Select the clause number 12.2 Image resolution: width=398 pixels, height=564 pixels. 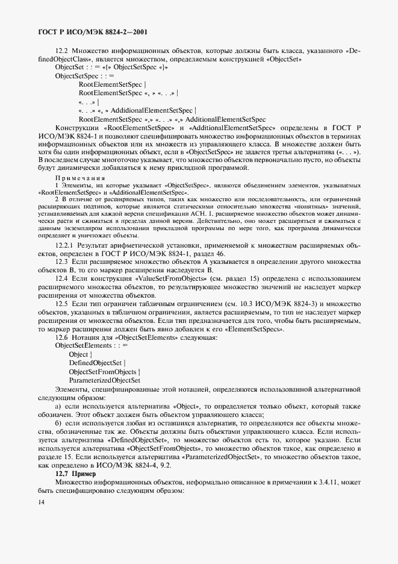tap(62, 51)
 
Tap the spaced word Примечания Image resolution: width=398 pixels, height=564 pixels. tap(80, 178)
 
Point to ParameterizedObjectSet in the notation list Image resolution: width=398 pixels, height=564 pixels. tap(105, 380)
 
